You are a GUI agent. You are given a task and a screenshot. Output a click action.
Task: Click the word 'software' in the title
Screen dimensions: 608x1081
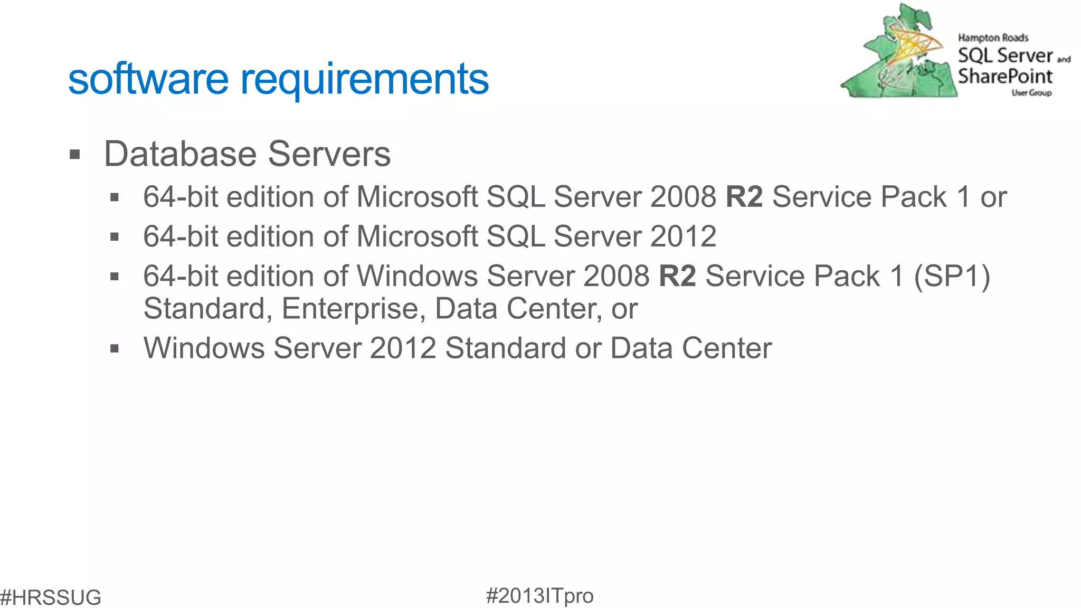click(x=148, y=79)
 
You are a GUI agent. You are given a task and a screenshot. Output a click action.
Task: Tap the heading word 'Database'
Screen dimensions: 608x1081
click(x=180, y=154)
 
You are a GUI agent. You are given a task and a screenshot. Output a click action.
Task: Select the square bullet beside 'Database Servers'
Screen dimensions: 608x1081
click(x=75, y=155)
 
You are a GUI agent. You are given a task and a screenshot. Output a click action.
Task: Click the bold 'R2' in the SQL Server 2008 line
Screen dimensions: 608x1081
click(x=744, y=197)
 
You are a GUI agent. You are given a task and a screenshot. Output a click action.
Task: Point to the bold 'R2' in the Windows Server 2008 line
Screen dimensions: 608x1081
click(x=677, y=276)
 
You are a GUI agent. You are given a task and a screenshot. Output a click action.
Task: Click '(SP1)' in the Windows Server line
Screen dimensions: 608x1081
click(x=952, y=276)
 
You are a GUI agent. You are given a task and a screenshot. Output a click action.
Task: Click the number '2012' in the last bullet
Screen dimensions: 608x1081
click(x=403, y=348)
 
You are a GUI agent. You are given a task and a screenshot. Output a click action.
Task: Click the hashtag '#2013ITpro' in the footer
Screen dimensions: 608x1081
click(x=539, y=596)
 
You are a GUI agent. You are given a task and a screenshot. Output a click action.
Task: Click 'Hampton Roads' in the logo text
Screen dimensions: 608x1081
click(x=993, y=38)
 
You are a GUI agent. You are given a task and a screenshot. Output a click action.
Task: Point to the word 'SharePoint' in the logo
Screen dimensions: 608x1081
click(x=1005, y=77)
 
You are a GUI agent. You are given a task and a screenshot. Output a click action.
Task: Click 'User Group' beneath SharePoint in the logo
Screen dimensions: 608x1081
click(x=1031, y=93)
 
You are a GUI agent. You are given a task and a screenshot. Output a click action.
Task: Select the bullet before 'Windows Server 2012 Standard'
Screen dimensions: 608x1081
click(x=115, y=348)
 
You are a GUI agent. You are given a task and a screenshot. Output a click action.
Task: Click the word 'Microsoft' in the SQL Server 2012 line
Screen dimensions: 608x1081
click(x=417, y=236)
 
